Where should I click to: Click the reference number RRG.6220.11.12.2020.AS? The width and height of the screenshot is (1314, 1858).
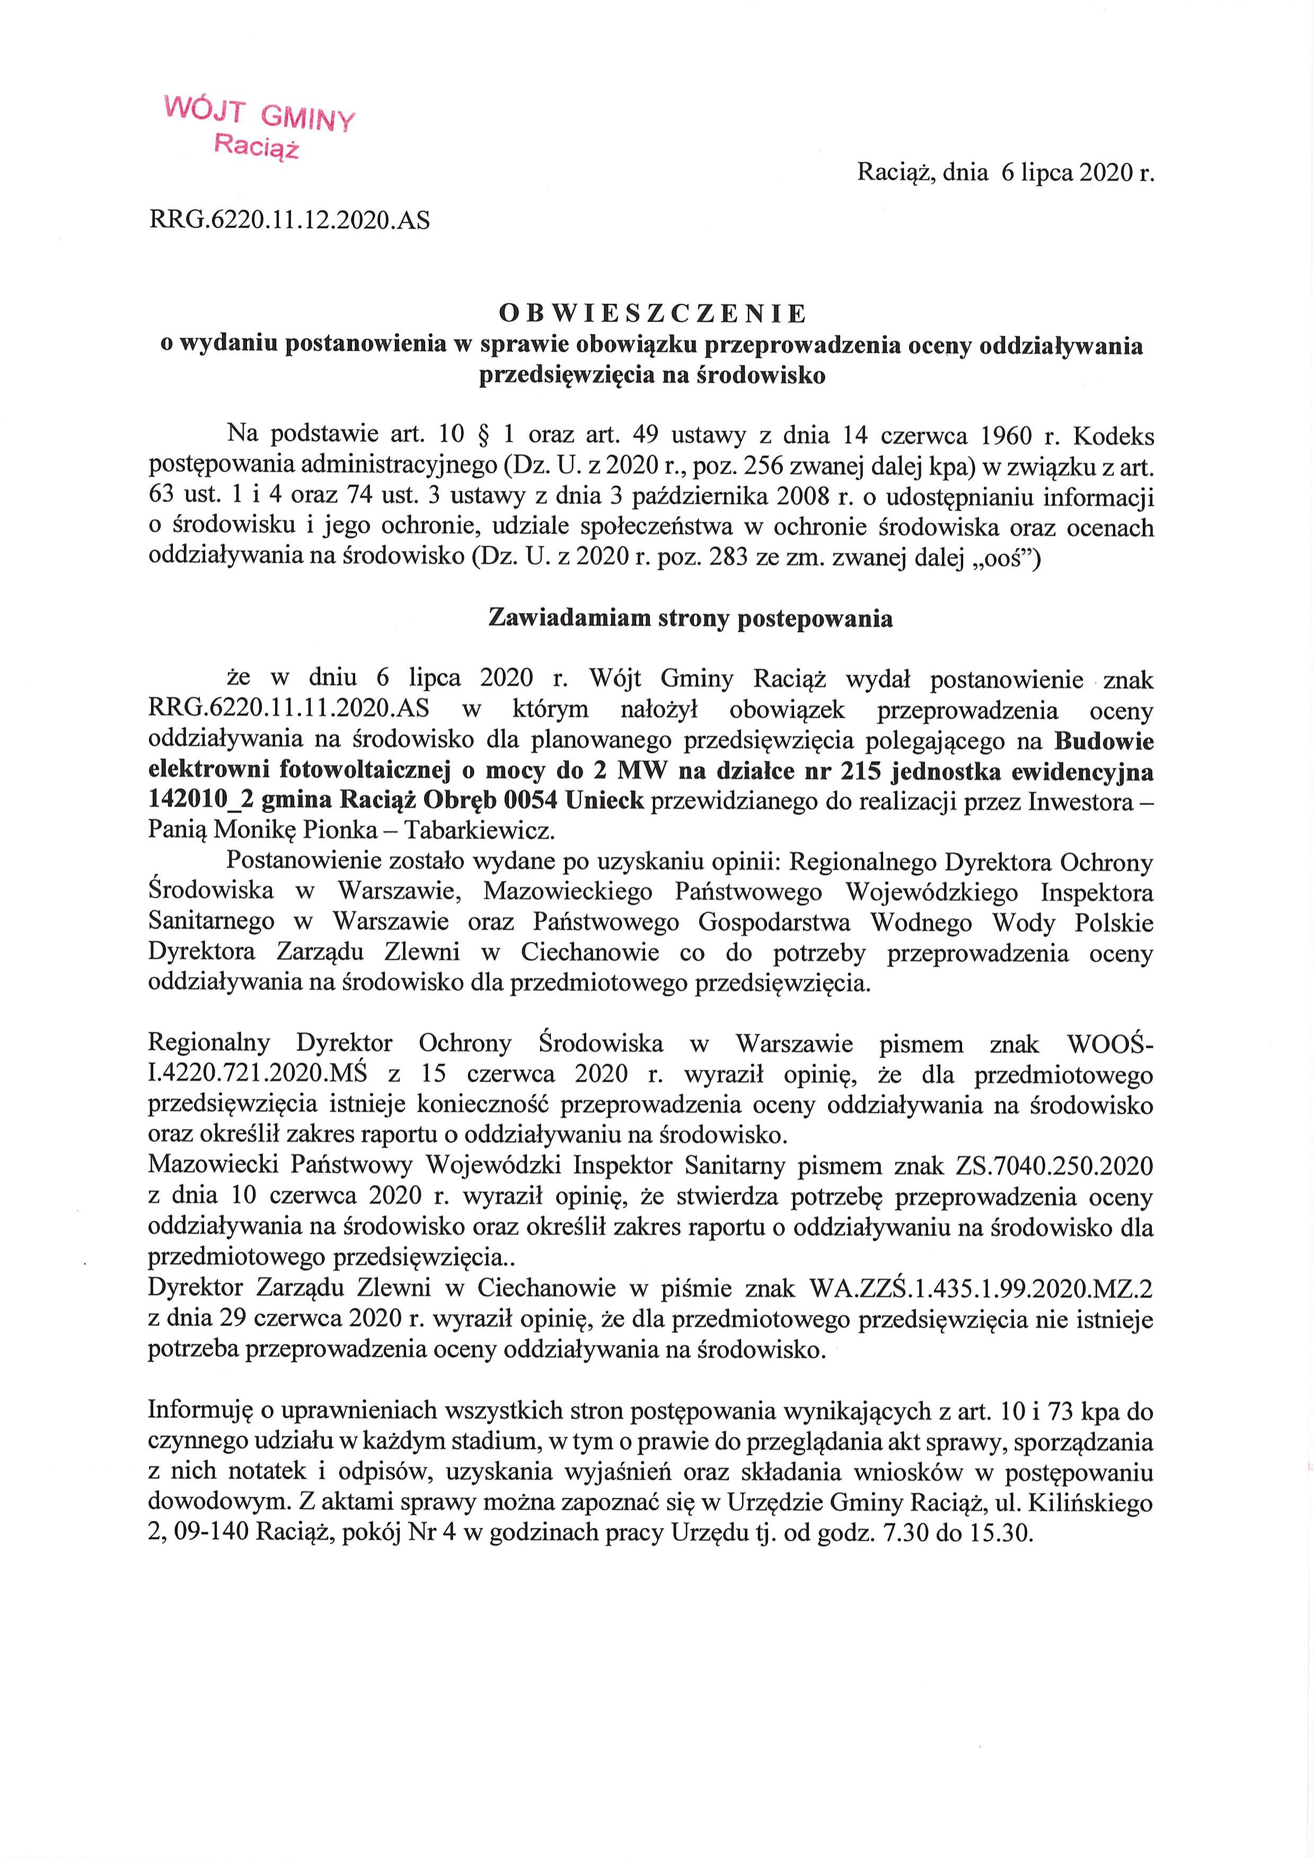click(x=289, y=219)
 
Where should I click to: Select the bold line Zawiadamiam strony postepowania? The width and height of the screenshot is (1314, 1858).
click(x=691, y=619)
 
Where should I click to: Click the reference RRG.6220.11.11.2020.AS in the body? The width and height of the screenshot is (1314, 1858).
click(x=289, y=710)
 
